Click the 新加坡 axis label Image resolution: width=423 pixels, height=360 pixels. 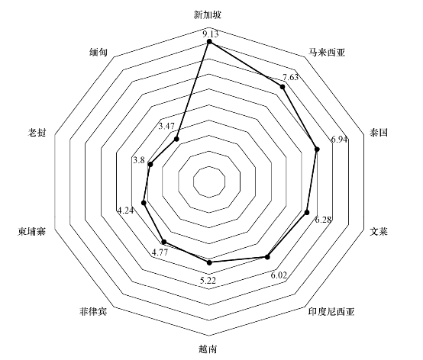click(x=208, y=14)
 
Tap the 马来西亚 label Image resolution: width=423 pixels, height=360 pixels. click(x=327, y=53)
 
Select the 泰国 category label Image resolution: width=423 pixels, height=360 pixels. click(x=379, y=132)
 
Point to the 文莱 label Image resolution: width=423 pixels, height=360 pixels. click(x=379, y=231)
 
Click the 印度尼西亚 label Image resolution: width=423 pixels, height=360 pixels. click(x=331, y=311)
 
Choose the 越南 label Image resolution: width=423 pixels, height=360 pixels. click(x=208, y=349)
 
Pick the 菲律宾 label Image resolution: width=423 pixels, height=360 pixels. click(x=93, y=311)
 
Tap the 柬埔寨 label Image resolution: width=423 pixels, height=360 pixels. click(x=32, y=231)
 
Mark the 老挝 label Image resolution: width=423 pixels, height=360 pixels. click(x=37, y=132)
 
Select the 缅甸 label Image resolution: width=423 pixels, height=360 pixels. click(x=98, y=53)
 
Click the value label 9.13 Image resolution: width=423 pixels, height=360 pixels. click(x=211, y=34)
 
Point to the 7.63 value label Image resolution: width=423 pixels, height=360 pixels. click(x=291, y=78)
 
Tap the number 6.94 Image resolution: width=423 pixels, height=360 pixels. click(x=339, y=140)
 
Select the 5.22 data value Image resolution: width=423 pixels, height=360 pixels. click(x=208, y=281)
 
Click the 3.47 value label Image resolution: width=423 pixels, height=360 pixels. click(x=166, y=126)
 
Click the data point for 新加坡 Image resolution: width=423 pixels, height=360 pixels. click(x=209, y=41)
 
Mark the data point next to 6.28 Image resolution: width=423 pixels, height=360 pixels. click(x=306, y=213)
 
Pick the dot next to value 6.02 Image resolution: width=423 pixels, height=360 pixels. click(x=267, y=257)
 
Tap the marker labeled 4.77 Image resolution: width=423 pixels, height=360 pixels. click(x=163, y=242)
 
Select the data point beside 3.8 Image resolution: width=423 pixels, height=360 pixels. click(x=150, y=164)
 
